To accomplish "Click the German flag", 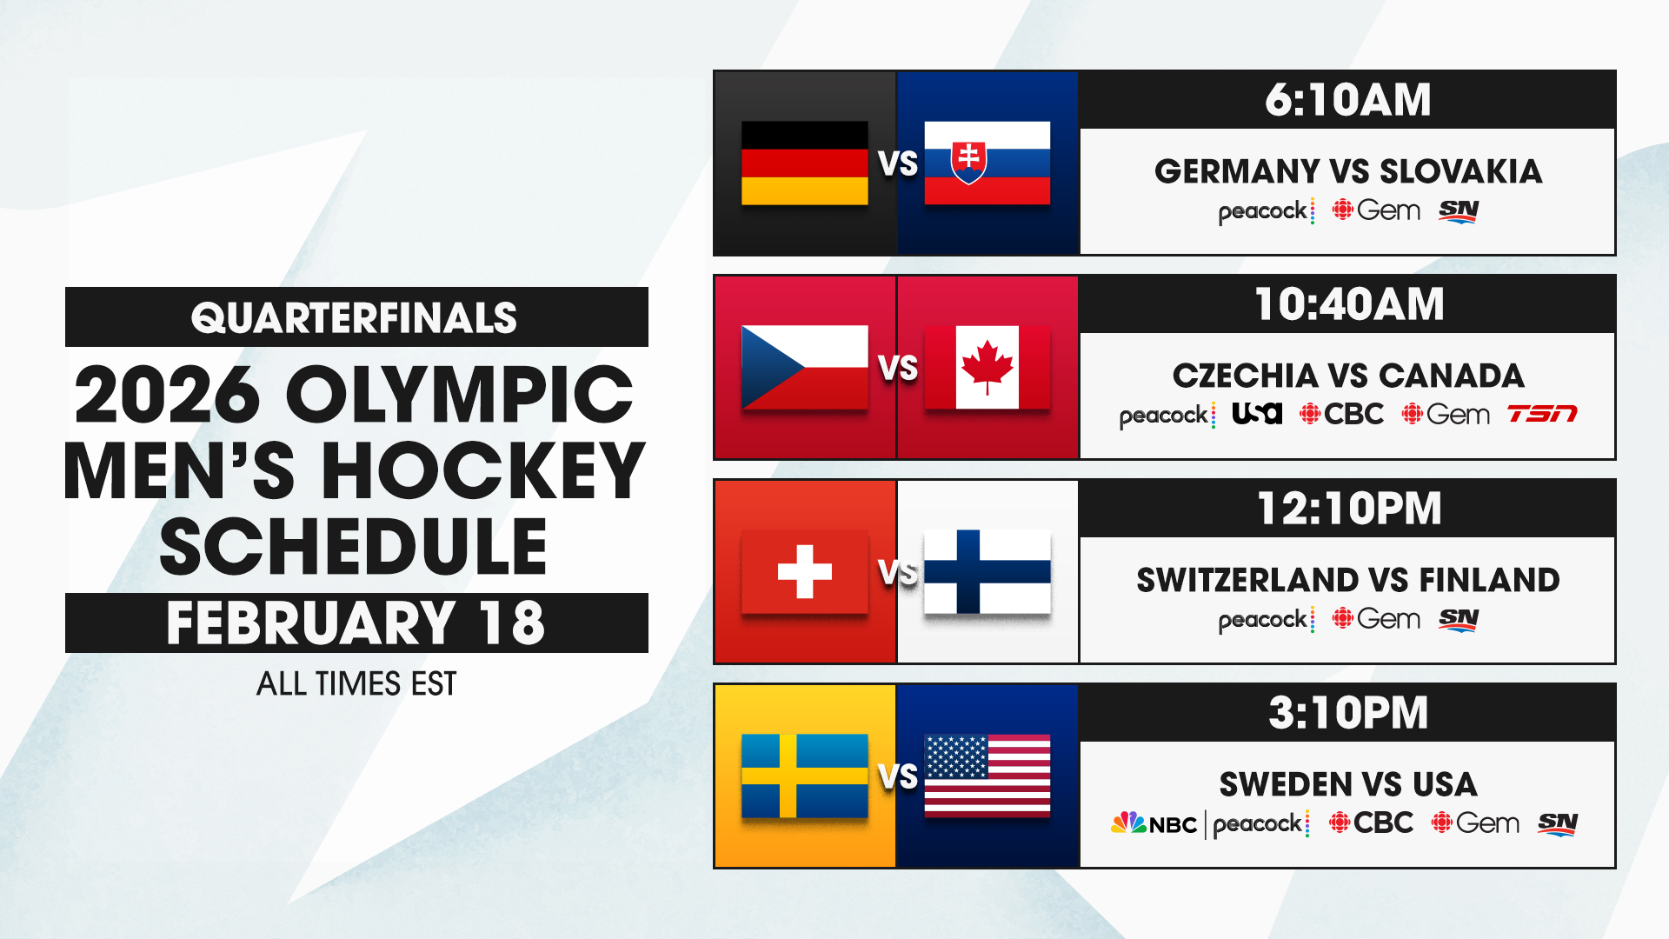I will [804, 163].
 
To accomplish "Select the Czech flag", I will [804, 367].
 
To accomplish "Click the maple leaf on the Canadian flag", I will [987, 366].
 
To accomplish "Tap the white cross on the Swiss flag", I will [804, 571].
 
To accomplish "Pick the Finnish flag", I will [987, 571].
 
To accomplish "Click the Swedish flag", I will [804, 776].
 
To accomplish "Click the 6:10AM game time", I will [1347, 100].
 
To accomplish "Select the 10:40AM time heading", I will [1347, 304].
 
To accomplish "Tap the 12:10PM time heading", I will [1347, 509].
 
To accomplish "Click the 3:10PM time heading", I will [1347, 713].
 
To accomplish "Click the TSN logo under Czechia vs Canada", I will [1541, 414].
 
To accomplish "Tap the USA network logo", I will [1257, 414].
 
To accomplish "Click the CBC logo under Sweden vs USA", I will [1371, 822].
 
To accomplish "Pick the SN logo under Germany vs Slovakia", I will [1459, 210].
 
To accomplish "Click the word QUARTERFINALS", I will [355, 317].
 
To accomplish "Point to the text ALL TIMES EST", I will [356, 684].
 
